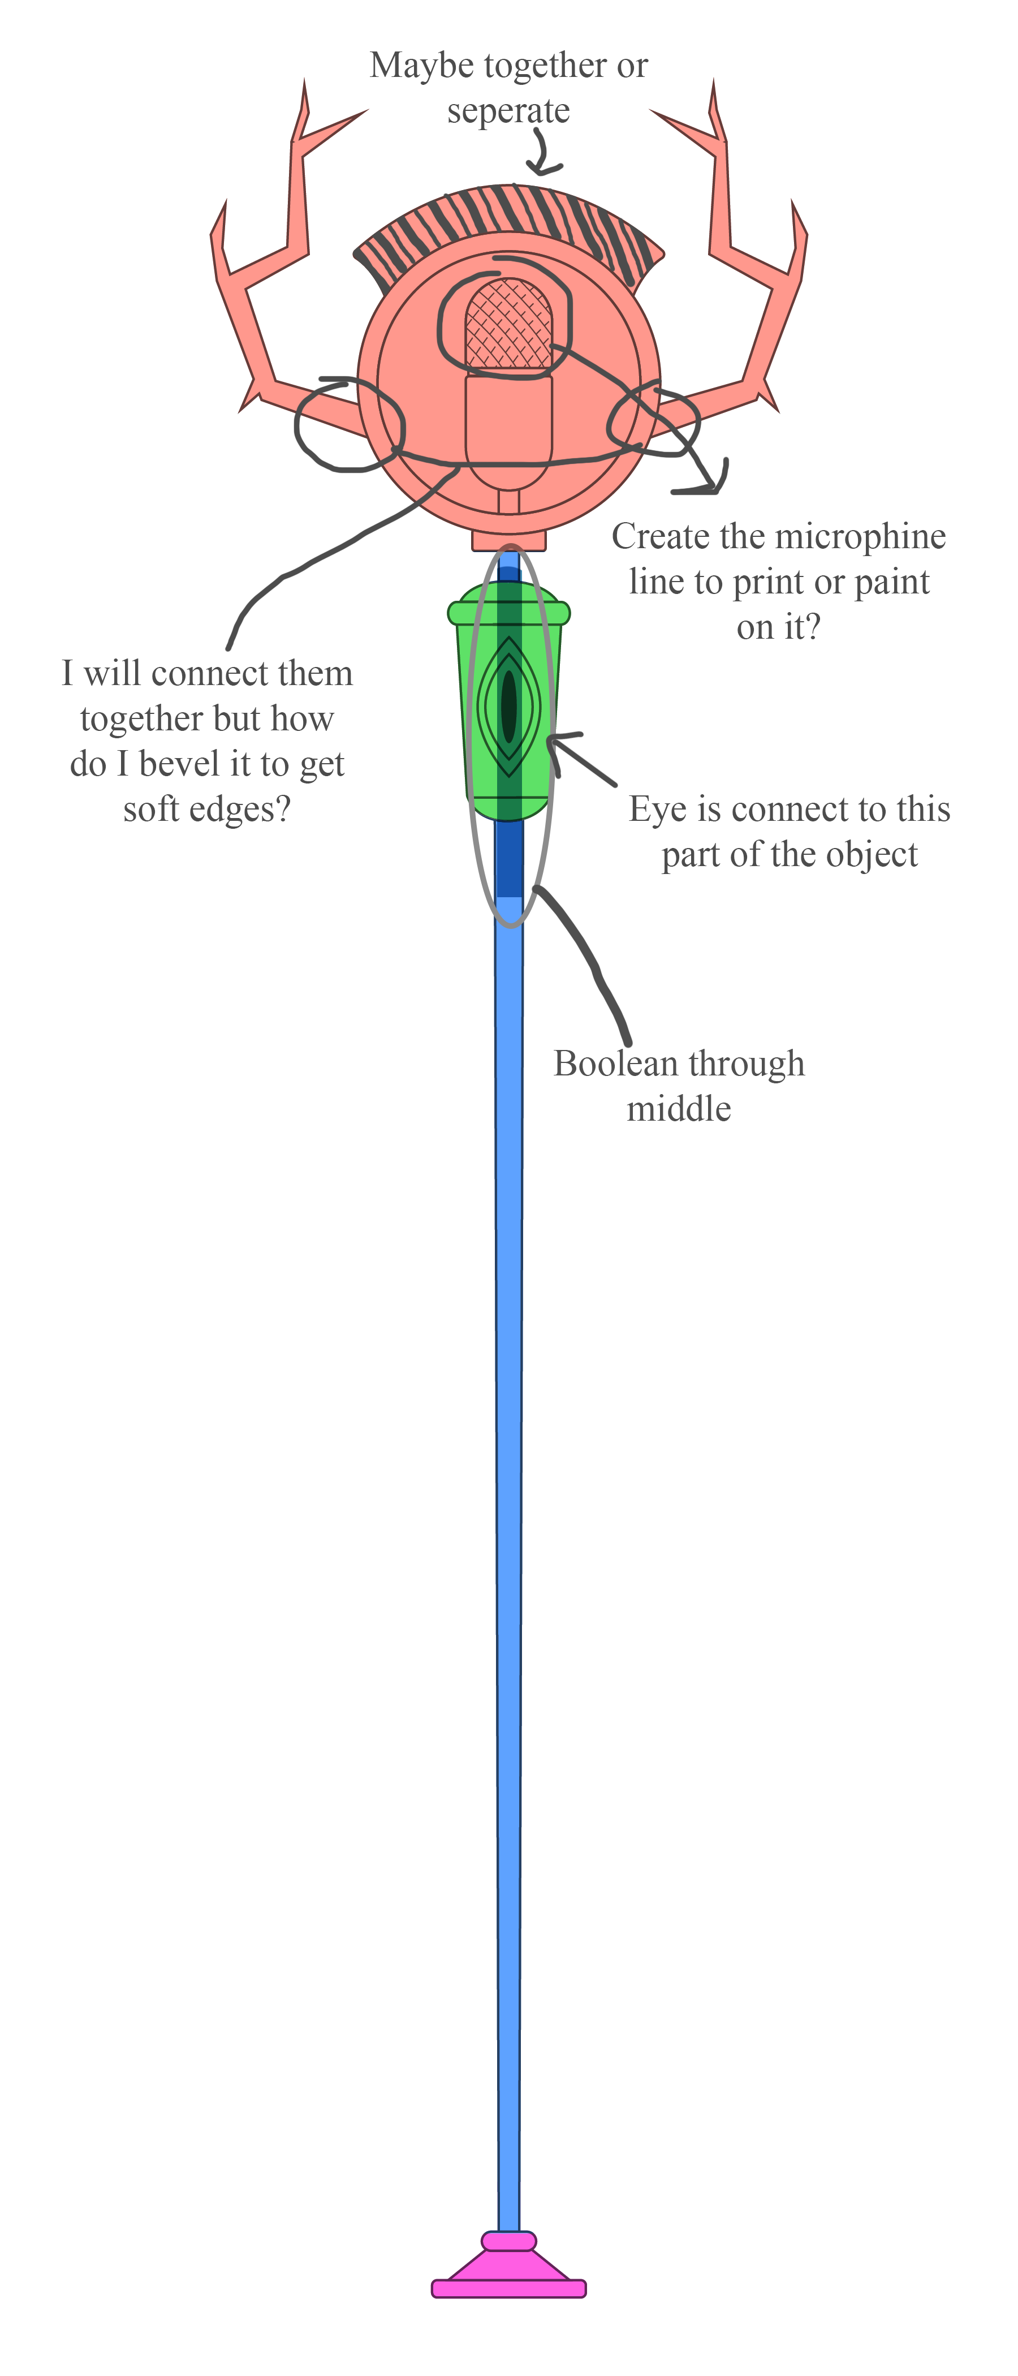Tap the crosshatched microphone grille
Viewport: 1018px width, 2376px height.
(508, 324)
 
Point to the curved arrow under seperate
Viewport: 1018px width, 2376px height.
(543, 152)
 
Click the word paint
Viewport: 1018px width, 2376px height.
(892, 583)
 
